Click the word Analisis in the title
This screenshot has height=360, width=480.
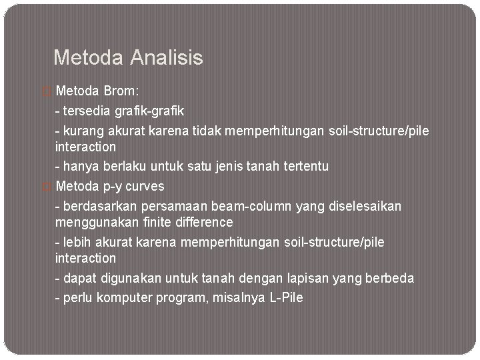pos(167,58)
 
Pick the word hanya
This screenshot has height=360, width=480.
pos(79,166)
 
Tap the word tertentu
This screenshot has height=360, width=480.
pos(305,166)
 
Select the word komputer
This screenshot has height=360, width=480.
pos(125,297)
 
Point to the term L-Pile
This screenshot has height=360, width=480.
pos(287,297)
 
